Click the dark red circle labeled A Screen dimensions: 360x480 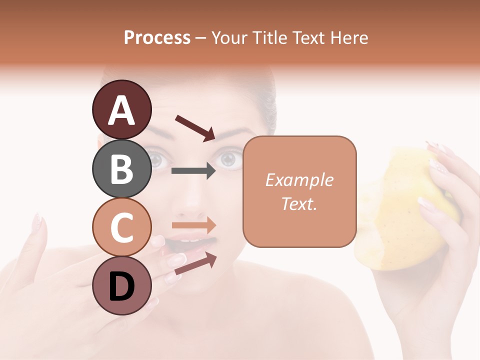tap(122, 109)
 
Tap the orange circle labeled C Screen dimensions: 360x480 tap(122, 227)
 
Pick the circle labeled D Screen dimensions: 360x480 tap(122, 285)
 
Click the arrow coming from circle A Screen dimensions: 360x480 tap(195, 128)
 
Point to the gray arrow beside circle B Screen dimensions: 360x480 tap(193, 171)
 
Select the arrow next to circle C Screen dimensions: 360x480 tap(194, 225)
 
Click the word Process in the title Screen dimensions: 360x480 tap(157, 37)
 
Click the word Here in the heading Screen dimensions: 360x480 tap(350, 37)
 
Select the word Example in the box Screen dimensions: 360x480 tap(299, 180)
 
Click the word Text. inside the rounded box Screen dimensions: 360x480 tap(299, 203)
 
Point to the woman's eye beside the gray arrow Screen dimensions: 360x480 tap(228, 159)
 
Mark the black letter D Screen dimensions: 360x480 tap(122, 286)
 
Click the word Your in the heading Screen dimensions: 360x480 tap(229, 37)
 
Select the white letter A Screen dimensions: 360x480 tap(122, 110)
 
